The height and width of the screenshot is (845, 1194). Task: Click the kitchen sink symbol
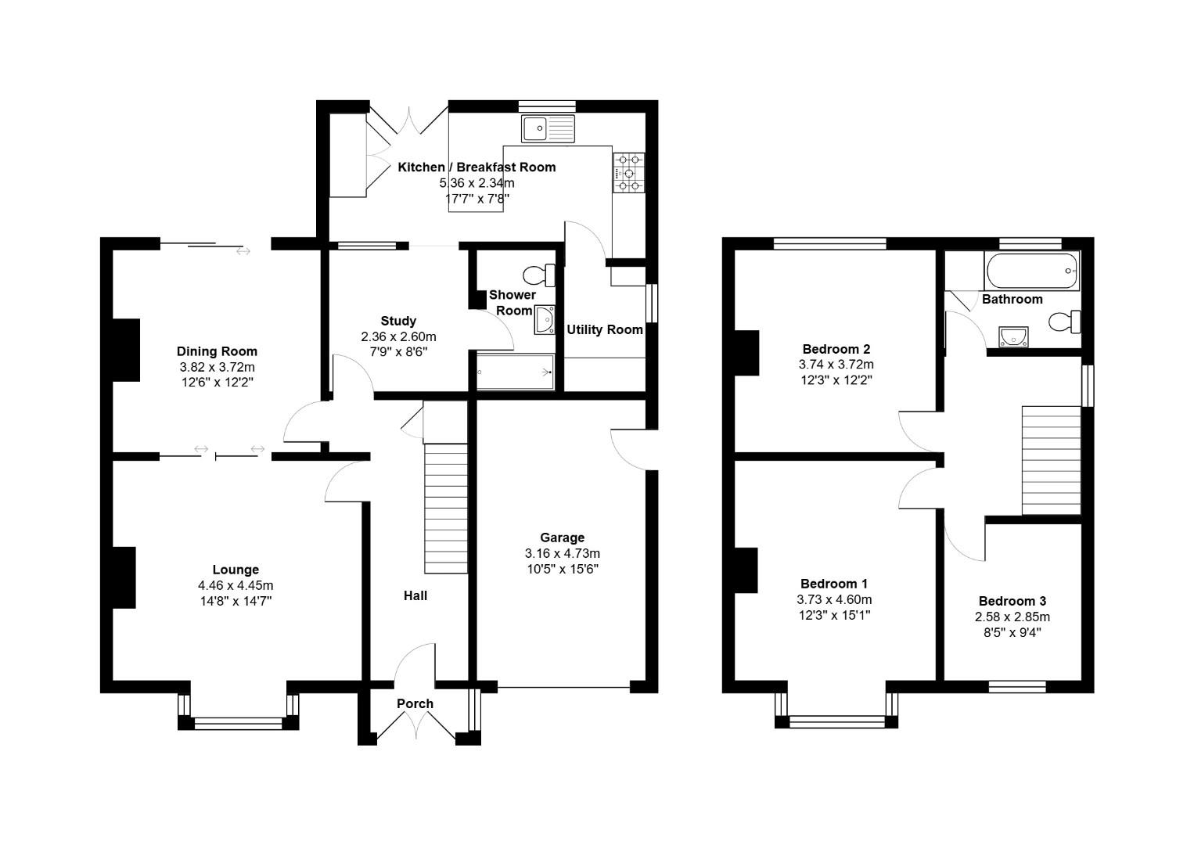(x=548, y=128)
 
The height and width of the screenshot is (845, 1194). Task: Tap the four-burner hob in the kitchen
(x=630, y=172)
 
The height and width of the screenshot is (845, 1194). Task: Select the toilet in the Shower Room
(x=538, y=275)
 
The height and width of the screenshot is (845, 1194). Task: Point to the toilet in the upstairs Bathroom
(x=1065, y=322)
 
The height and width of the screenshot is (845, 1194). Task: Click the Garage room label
(x=562, y=538)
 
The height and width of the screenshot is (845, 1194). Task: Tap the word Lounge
(x=236, y=570)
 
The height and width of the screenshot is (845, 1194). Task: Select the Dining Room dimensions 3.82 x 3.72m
(x=217, y=367)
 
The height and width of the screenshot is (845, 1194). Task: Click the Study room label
(x=398, y=321)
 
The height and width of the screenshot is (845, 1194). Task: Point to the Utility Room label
(x=605, y=329)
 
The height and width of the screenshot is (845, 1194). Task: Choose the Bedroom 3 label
(x=1012, y=601)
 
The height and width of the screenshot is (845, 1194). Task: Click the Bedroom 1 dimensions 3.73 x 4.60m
(x=834, y=599)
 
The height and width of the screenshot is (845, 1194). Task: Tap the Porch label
(x=415, y=703)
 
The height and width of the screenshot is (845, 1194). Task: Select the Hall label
(x=415, y=595)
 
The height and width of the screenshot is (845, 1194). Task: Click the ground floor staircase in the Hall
(x=446, y=509)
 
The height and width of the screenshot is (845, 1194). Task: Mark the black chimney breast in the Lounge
(x=124, y=577)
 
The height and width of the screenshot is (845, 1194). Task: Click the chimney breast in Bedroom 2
(x=747, y=353)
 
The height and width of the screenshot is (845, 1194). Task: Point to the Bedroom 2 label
(x=836, y=349)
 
